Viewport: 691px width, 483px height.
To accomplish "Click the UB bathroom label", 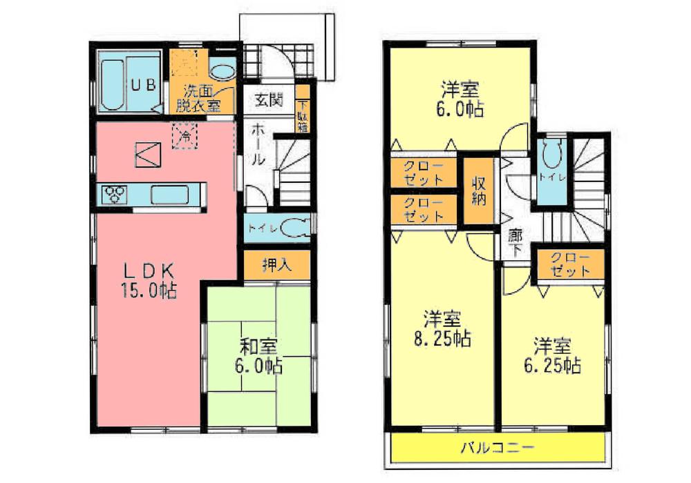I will pyautogui.click(x=147, y=85).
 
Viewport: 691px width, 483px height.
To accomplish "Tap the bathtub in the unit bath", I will pyautogui.click(x=113, y=83).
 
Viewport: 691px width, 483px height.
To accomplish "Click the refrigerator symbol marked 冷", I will pyautogui.click(x=185, y=135).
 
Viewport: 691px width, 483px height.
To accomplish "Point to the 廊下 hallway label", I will pyautogui.click(x=514, y=243).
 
